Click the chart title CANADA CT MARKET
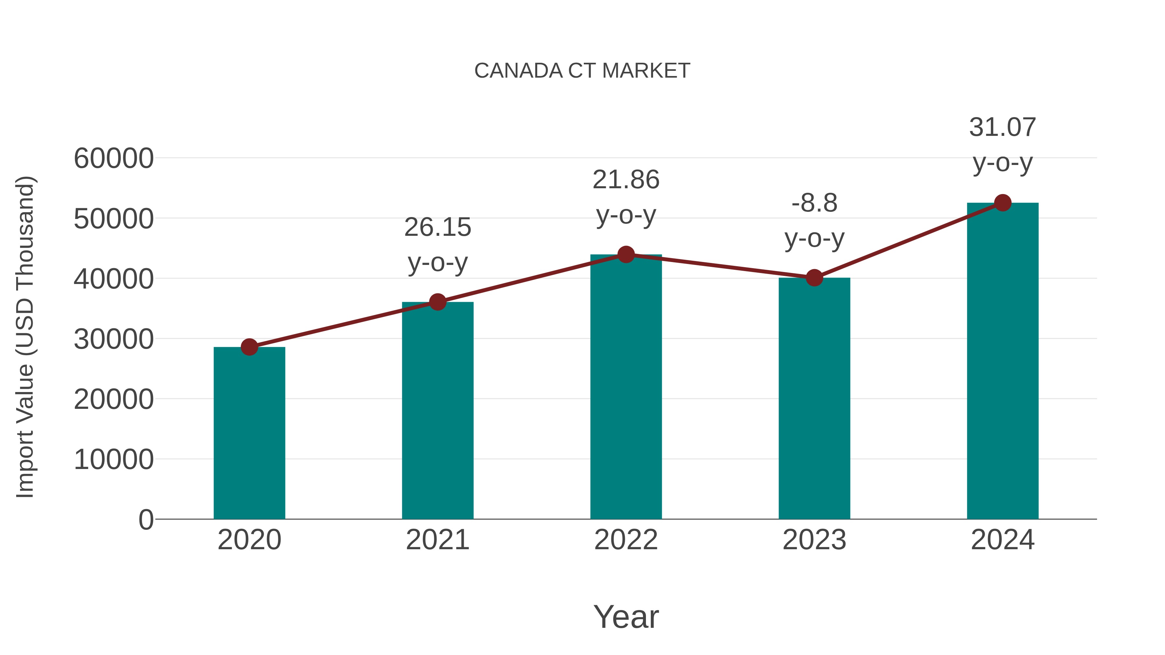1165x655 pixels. coord(582,71)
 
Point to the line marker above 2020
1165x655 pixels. coord(249,347)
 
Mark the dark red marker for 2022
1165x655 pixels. coord(626,255)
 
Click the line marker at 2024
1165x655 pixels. coord(1003,203)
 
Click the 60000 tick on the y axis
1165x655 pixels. coord(114,159)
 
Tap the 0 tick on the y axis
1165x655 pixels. coord(146,519)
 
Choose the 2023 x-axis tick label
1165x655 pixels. coord(814,540)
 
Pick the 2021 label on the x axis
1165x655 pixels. coord(437,540)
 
